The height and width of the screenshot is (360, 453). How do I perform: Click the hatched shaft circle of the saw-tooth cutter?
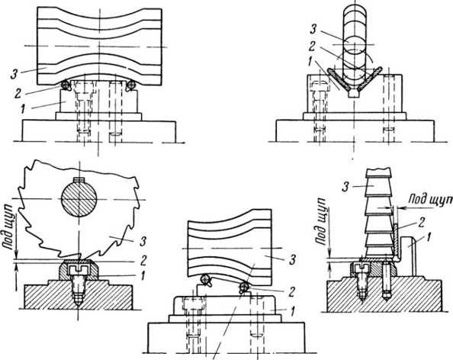tap(79, 199)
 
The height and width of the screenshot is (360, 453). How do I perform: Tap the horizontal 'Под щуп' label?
tap(430, 199)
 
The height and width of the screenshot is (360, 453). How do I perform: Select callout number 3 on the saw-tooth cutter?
tap(143, 242)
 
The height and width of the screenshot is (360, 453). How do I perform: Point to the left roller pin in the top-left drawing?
tap(66, 84)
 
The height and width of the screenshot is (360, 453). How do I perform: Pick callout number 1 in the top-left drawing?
tap(24, 110)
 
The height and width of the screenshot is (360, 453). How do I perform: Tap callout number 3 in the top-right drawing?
tap(312, 30)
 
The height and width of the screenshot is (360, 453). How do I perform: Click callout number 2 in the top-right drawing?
tap(311, 46)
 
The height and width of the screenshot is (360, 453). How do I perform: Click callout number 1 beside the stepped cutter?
tap(429, 237)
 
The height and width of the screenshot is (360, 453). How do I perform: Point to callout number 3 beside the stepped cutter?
tap(345, 187)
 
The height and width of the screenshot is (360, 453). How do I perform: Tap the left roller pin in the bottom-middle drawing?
tap(206, 279)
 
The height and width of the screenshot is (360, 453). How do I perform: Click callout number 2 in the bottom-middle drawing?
tap(291, 292)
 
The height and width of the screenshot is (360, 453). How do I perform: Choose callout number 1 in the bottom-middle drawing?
tap(292, 311)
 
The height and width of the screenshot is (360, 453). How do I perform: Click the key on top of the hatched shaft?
tap(79, 179)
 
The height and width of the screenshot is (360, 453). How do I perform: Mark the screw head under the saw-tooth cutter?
tap(79, 270)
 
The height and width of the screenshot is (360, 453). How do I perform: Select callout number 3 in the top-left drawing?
tap(14, 73)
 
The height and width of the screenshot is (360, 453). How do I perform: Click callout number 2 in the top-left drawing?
tap(18, 93)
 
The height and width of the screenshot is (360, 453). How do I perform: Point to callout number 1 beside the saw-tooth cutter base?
tap(142, 276)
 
